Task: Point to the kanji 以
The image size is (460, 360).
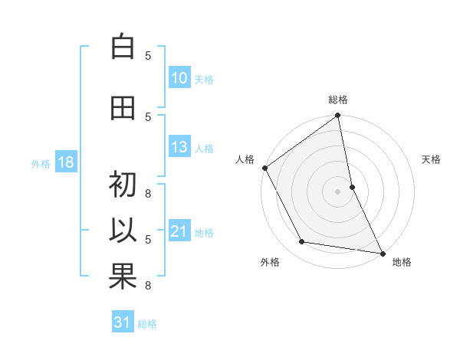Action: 123,231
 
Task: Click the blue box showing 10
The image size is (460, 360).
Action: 179,78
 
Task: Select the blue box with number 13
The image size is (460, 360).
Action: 179,147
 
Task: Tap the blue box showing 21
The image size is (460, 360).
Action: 179,231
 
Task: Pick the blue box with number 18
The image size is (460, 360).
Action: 65,162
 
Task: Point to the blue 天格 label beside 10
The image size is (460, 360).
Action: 204,79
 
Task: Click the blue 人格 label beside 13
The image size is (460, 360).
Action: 204,148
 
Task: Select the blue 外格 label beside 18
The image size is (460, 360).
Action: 41,163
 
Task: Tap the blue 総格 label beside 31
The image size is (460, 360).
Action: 147,323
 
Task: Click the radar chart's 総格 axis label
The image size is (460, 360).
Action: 338,100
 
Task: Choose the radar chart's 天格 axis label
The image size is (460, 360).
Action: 432,159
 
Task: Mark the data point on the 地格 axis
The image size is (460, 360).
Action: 382,253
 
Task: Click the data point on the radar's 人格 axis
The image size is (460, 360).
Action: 264,168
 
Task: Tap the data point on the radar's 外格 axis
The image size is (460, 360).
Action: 302,242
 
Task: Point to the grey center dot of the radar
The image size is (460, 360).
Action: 338,191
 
